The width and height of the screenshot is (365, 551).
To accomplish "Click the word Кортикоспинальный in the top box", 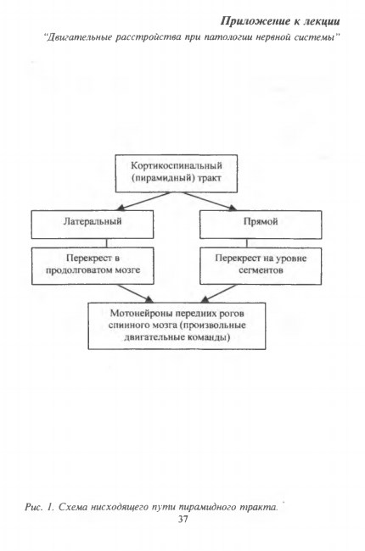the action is coord(177,165).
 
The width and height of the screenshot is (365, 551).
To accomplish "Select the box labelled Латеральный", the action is coord(93,225).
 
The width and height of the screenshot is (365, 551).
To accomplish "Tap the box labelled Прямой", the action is coord(261,225).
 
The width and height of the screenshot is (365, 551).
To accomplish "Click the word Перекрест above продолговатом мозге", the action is coord(88,258).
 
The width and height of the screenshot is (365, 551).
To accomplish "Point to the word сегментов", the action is coord(261,270).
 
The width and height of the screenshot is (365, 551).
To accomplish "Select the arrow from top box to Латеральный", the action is coord(143,202).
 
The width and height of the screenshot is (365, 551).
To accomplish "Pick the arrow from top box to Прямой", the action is coord(210,202).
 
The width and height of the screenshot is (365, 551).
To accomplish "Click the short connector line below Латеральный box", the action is coord(107,243).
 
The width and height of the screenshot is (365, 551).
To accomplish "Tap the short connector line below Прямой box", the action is coord(246,243).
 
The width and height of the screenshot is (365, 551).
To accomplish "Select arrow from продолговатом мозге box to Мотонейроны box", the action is coord(136,293).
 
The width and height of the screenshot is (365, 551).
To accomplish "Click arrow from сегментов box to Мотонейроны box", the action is coord(219,293).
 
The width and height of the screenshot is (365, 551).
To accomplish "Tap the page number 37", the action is coord(182,519).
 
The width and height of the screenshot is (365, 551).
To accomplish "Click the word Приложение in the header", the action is coord(255,21).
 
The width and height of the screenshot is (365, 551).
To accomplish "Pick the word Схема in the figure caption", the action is coord(72,507).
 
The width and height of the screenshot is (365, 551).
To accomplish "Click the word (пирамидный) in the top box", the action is coord(163,178).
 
